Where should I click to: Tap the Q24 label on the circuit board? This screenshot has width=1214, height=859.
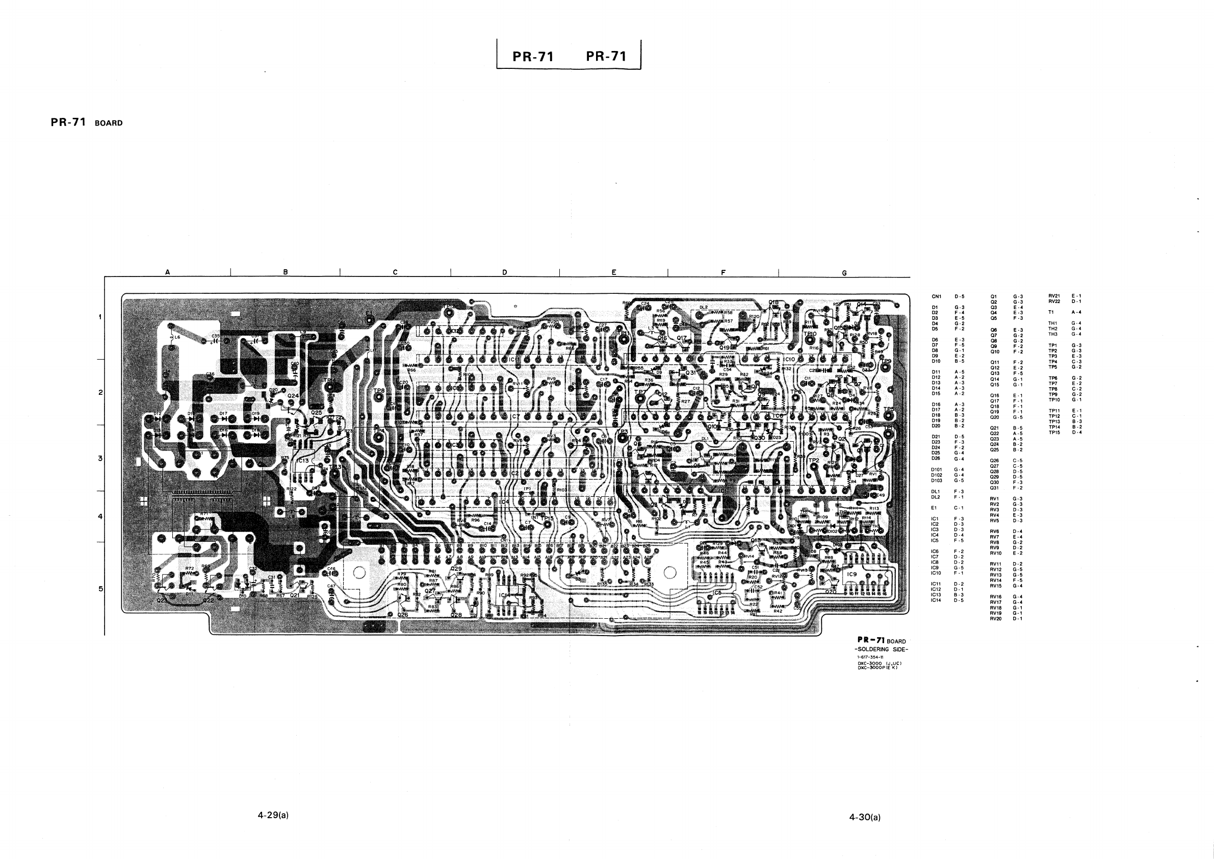(x=293, y=395)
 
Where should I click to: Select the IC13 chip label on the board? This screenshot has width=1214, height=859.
(x=303, y=461)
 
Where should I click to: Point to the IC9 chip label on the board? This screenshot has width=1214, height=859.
(x=851, y=574)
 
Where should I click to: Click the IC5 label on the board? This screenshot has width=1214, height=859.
(x=717, y=592)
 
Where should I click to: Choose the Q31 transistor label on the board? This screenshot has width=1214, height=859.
(x=691, y=372)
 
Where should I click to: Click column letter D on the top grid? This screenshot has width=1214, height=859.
(x=504, y=272)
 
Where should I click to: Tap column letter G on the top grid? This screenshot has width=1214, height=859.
(x=844, y=273)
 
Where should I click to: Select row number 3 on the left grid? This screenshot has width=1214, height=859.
(x=100, y=458)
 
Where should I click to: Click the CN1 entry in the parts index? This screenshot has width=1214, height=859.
(x=937, y=297)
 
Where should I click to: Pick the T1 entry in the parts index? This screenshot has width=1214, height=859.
(x=1051, y=312)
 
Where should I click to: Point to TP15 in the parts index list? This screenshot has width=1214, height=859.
(x=1054, y=433)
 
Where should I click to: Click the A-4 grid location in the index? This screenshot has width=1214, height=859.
(x=1076, y=312)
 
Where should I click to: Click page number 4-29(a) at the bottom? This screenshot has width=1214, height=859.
(x=273, y=815)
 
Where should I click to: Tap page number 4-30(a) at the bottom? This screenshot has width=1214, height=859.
(x=865, y=817)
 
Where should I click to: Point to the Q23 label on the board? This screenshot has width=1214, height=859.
(x=162, y=601)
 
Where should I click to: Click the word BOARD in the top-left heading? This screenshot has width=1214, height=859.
(x=109, y=123)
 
